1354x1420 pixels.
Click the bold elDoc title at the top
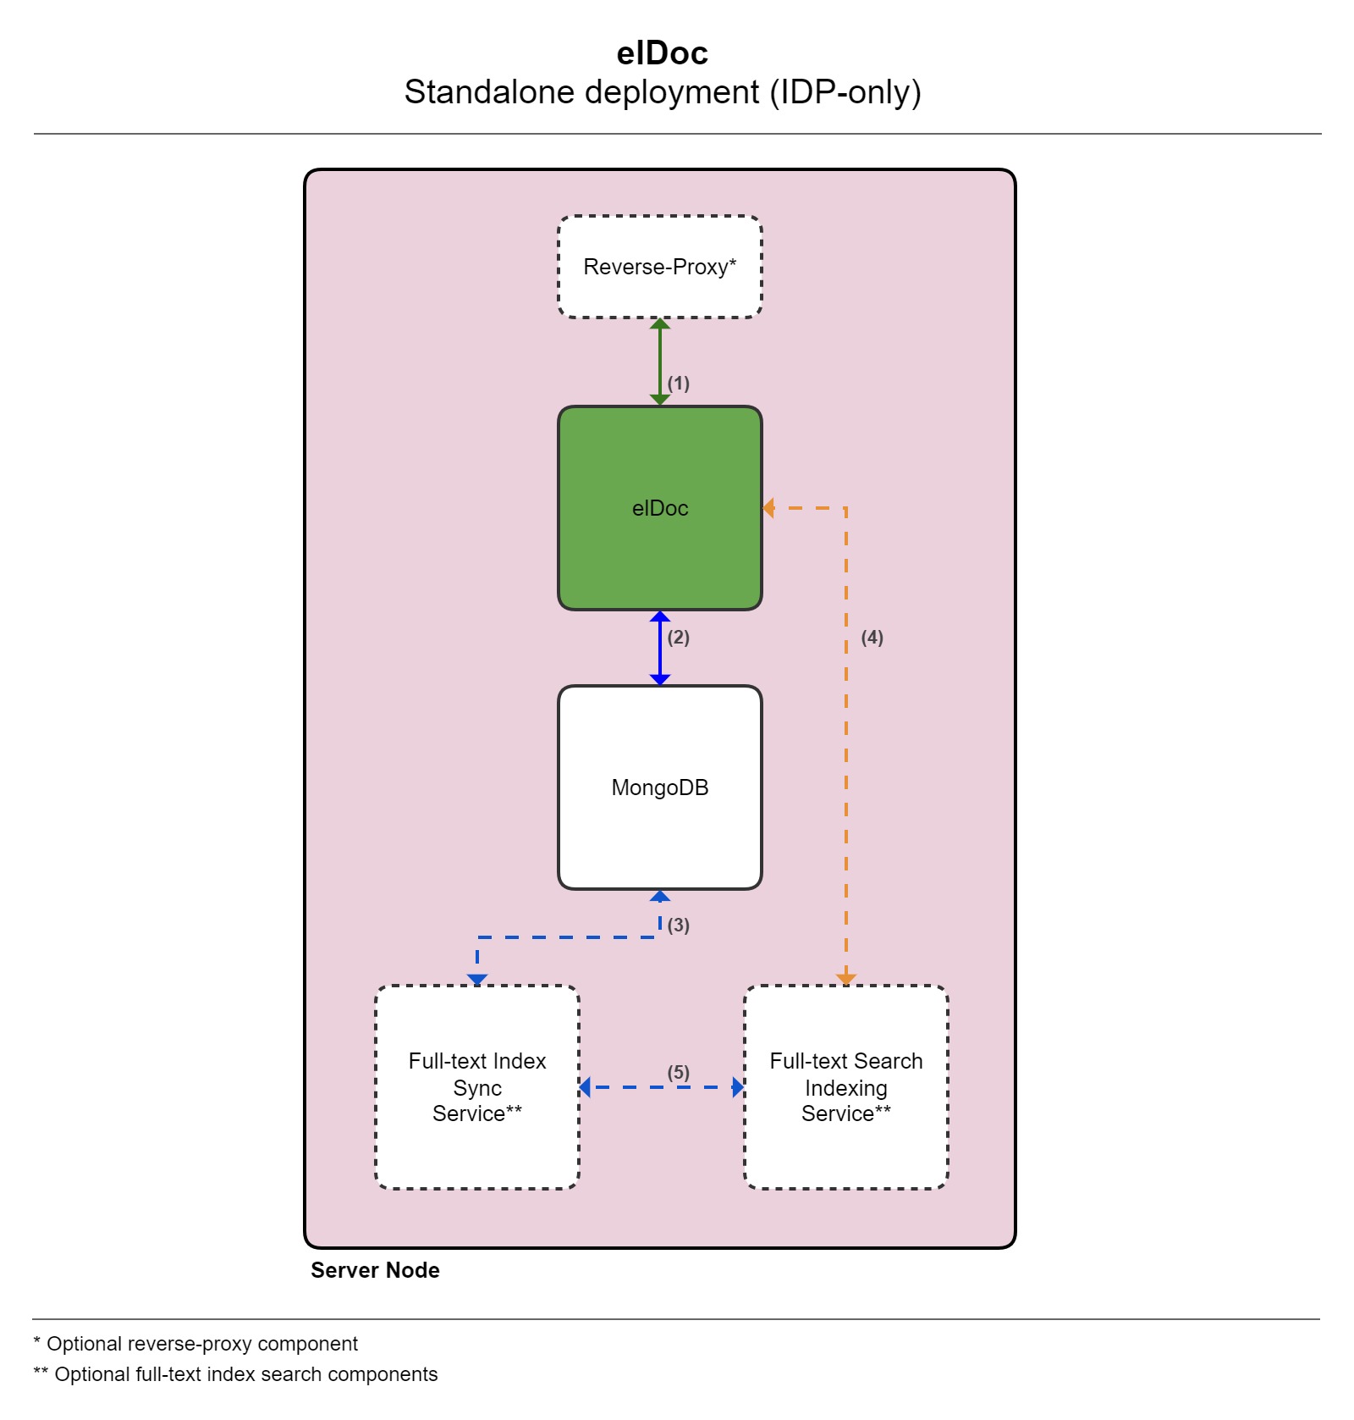[662, 53]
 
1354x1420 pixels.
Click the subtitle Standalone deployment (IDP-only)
[662, 92]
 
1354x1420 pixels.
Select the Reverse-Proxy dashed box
[660, 267]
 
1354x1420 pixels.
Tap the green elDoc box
[660, 508]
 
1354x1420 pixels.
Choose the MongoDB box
[660, 787]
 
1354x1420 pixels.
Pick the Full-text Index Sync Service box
[477, 1087]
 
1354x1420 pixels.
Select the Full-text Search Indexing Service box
[846, 1087]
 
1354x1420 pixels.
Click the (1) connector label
[679, 384]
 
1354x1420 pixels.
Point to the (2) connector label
[679, 638]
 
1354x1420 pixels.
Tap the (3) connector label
[679, 925]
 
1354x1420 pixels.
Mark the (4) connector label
[872, 638]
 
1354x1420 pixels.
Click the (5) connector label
[679, 1073]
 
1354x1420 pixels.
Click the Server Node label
[375, 1270]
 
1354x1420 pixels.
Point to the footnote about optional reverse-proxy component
[195, 1344]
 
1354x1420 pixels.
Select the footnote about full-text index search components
[235, 1374]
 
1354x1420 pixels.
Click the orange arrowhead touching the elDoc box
[768, 508]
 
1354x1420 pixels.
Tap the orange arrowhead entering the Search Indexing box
[846, 980]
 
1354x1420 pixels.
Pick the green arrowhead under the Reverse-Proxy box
[660, 324]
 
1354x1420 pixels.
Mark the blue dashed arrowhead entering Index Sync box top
[477, 980]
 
